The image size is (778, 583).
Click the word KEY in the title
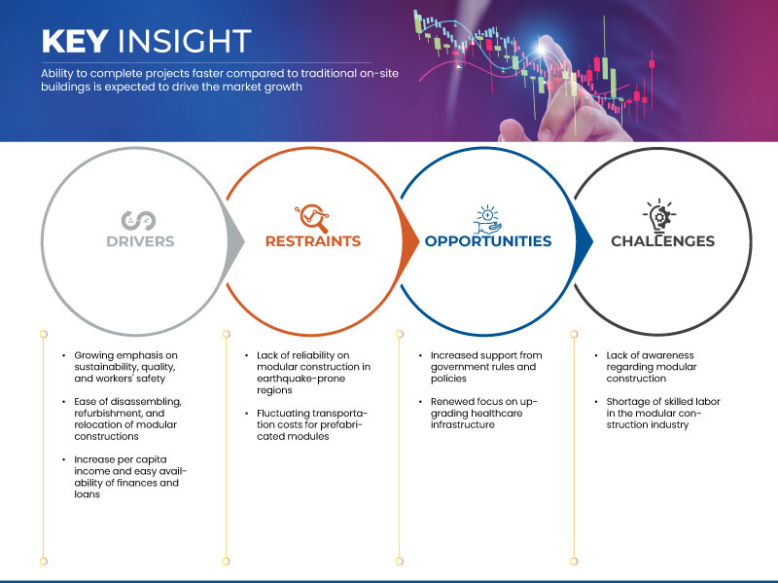[75, 41]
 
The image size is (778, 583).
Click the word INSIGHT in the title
[185, 41]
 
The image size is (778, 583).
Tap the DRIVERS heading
[140, 241]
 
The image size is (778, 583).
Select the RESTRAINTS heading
[312, 241]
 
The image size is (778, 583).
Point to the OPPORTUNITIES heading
[488, 241]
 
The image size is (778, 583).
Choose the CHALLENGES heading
[663, 241]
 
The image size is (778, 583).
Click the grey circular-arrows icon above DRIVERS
[138, 221]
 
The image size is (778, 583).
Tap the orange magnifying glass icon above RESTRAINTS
[312, 218]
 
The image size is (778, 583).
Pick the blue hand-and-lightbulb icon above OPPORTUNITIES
[487, 219]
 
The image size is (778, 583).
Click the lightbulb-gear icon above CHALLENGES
[659, 216]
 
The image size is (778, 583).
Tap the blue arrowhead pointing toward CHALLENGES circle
[583, 241]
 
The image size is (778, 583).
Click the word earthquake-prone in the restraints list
[301, 379]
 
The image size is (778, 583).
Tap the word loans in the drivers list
[87, 494]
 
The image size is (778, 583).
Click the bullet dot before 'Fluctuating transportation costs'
[247, 414]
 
